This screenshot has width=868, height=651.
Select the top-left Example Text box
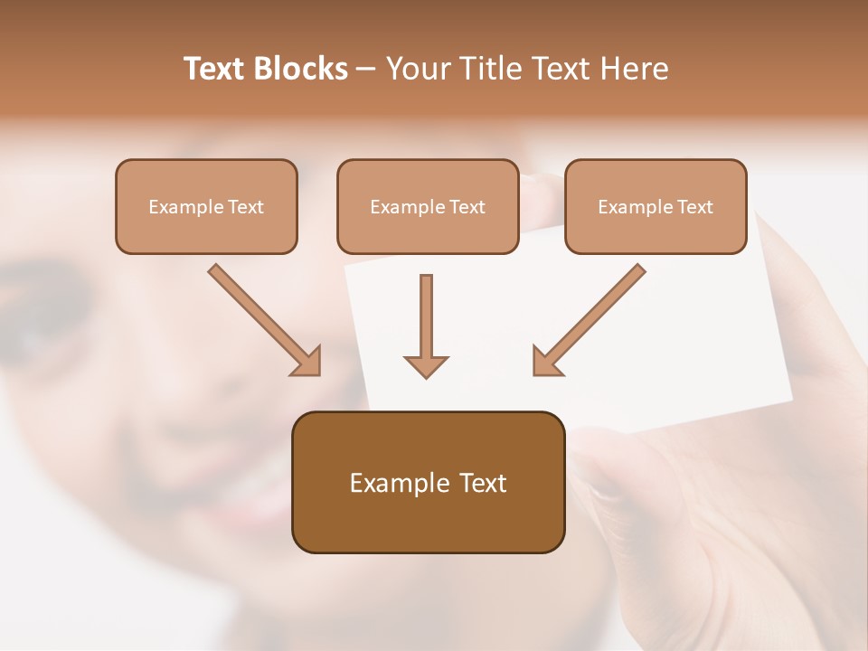coord(206,206)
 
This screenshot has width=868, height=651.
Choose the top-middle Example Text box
coord(428,206)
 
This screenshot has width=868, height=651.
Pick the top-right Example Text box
coord(656,206)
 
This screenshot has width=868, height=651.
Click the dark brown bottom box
coord(429,482)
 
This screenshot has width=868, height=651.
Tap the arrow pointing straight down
coord(426,321)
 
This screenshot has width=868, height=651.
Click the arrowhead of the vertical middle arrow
coord(426,365)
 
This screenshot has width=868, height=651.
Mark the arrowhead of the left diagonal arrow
coord(307,362)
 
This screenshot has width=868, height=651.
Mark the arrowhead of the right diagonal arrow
coord(545,362)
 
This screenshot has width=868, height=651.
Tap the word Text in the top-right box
coord(694,207)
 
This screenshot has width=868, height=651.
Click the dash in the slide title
coord(366,69)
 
